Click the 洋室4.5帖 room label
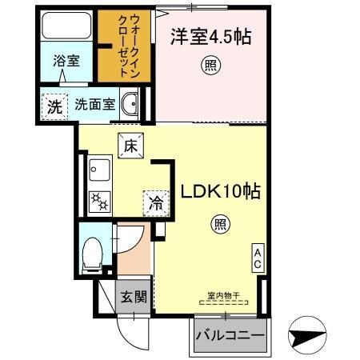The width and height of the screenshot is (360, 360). point(206,37)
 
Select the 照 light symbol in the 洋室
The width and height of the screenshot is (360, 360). point(210,66)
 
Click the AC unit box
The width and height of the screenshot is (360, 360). point(258,258)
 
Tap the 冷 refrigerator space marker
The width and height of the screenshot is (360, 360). point(154,204)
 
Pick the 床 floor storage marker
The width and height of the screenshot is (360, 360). point(130,146)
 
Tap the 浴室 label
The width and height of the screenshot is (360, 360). point(66,62)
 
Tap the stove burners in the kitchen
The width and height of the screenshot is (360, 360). point(100,201)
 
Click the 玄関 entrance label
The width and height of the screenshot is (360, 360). point(133,298)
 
